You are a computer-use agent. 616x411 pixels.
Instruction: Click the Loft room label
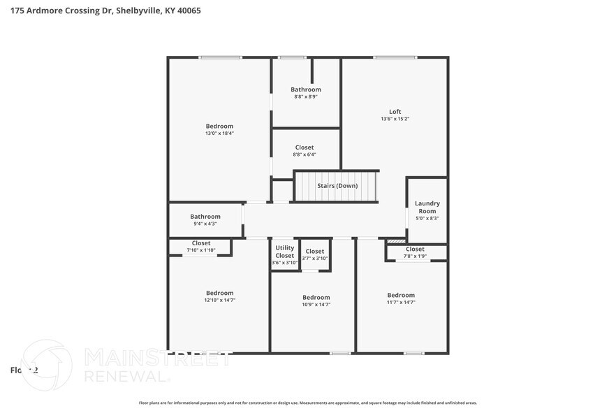395,112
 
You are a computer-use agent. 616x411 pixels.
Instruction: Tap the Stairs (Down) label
337,186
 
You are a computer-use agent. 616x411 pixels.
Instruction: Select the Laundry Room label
427,207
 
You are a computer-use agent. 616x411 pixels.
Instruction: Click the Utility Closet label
285,252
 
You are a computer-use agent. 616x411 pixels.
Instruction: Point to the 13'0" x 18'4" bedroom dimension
219,133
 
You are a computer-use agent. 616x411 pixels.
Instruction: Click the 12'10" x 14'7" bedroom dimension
219,300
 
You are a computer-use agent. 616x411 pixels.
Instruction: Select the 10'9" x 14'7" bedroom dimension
316,304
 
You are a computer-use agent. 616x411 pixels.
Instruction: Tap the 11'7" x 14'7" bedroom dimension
401,302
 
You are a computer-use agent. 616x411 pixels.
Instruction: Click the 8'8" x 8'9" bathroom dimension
306,96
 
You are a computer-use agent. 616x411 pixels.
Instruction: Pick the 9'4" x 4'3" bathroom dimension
205,224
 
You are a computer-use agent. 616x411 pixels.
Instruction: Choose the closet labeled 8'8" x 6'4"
305,154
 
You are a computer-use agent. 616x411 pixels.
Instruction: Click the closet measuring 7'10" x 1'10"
201,250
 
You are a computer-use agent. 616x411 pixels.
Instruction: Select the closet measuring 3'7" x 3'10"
314,258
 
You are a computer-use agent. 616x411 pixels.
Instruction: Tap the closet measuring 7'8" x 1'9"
415,256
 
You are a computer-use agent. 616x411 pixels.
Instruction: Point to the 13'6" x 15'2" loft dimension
395,119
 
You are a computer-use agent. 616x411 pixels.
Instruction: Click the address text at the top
101,11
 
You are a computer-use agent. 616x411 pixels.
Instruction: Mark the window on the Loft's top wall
395,57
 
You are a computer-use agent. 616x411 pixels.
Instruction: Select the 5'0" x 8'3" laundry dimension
427,218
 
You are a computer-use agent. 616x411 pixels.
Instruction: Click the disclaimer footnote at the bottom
308,403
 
